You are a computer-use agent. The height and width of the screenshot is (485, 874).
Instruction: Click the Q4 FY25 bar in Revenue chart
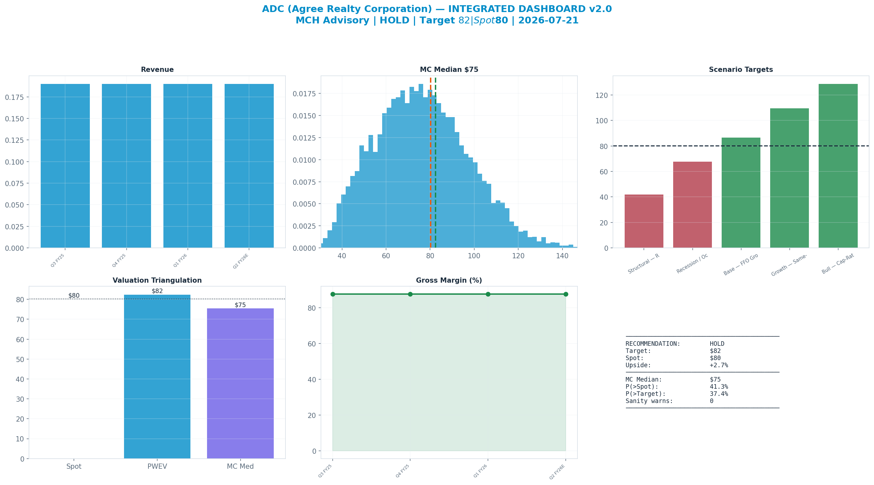[x=126, y=166]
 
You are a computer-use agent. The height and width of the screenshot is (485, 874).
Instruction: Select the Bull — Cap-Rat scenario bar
[x=838, y=166]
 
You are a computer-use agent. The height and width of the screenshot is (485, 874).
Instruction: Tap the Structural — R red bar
[x=644, y=221]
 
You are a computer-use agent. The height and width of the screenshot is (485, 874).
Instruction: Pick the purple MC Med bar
[x=240, y=383]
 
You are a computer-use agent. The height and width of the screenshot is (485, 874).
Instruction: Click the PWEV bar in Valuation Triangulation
[x=157, y=376]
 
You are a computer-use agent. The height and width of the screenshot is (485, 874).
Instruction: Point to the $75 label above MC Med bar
[x=240, y=305]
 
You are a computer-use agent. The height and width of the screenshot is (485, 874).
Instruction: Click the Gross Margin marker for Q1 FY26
[x=488, y=294]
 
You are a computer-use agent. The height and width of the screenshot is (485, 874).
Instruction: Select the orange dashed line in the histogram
[x=431, y=162]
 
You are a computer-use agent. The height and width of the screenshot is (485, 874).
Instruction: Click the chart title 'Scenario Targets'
[x=741, y=70]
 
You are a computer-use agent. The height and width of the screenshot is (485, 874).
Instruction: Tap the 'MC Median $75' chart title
[x=449, y=70]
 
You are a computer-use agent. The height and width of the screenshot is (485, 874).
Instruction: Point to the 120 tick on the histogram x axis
[x=518, y=256]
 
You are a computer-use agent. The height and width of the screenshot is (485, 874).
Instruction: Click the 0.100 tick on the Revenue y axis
[x=15, y=162]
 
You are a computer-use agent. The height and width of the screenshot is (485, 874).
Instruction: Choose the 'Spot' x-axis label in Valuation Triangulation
[x=74, y=466]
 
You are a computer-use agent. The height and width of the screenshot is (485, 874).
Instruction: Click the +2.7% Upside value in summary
[x=719, y=365]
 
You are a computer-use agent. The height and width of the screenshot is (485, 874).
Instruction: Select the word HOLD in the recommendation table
[x=717, y=344]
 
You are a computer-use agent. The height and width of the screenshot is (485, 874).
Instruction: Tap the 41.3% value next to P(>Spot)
[x=719, y=387]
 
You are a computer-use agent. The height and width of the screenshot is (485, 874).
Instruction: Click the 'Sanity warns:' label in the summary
[x=649, y=401]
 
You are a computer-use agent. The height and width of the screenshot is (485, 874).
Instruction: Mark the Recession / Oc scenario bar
[x=692, y=205]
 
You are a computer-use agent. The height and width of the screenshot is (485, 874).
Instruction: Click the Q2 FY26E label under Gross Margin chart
[x=557, y=471]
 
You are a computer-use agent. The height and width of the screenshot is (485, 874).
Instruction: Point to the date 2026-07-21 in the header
[x=548, y=20]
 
